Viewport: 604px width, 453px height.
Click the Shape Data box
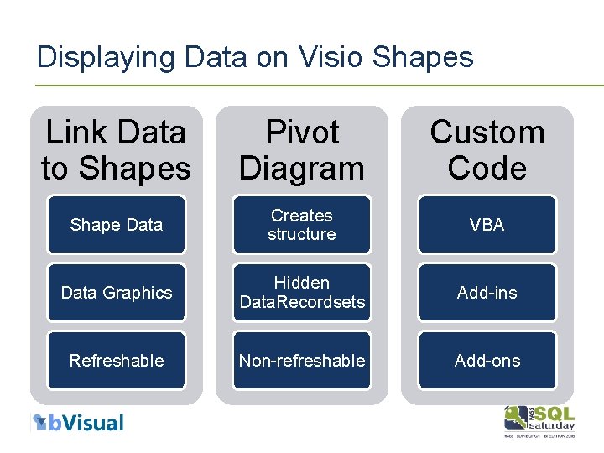116,225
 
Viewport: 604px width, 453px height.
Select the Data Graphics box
116,293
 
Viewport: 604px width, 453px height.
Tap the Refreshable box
116,361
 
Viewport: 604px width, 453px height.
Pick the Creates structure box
301,225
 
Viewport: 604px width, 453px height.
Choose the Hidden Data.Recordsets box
301,293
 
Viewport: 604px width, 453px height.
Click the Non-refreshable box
301,361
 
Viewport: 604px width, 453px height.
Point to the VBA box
487,225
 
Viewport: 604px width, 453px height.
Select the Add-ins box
487,293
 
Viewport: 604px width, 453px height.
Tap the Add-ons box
487,361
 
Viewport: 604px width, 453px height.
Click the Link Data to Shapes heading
116,150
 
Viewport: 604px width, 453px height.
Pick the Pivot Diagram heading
301,150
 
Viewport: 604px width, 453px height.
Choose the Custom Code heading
487,150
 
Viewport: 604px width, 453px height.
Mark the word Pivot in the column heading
301,133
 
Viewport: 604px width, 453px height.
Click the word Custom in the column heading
487,133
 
